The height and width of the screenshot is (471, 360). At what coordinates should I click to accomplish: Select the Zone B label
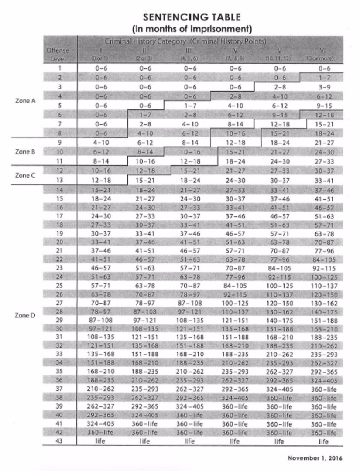click(25, 152)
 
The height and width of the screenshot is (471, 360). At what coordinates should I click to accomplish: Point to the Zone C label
click(25, 175)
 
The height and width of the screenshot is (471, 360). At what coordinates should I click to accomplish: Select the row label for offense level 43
click(60, 441)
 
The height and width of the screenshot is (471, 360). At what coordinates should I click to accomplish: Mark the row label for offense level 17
click(60, 215)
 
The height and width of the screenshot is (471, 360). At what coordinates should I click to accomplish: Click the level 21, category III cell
click(190, 250)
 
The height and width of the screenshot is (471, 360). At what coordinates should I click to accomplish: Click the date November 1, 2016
click(315, 458)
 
